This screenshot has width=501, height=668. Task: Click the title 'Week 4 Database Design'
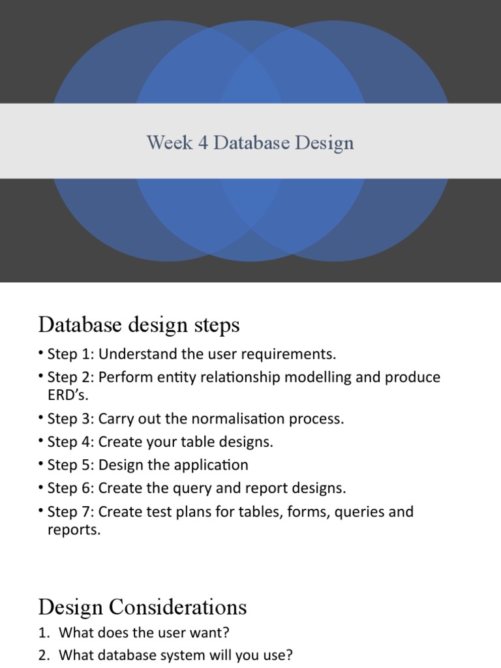tap(250, 142)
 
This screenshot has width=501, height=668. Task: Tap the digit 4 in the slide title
tap(203, 142)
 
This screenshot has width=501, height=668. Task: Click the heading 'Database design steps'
tap(139, 324)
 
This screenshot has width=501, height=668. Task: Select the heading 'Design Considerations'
tap(142, 607)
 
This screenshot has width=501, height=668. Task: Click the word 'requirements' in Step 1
tap(294, 354)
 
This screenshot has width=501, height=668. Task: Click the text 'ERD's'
tap(68, 395)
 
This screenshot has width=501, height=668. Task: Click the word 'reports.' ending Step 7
tap(74, 530)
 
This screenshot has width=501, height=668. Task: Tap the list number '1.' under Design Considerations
tap(44, 632)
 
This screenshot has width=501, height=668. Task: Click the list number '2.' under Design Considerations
tap(44, 656)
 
